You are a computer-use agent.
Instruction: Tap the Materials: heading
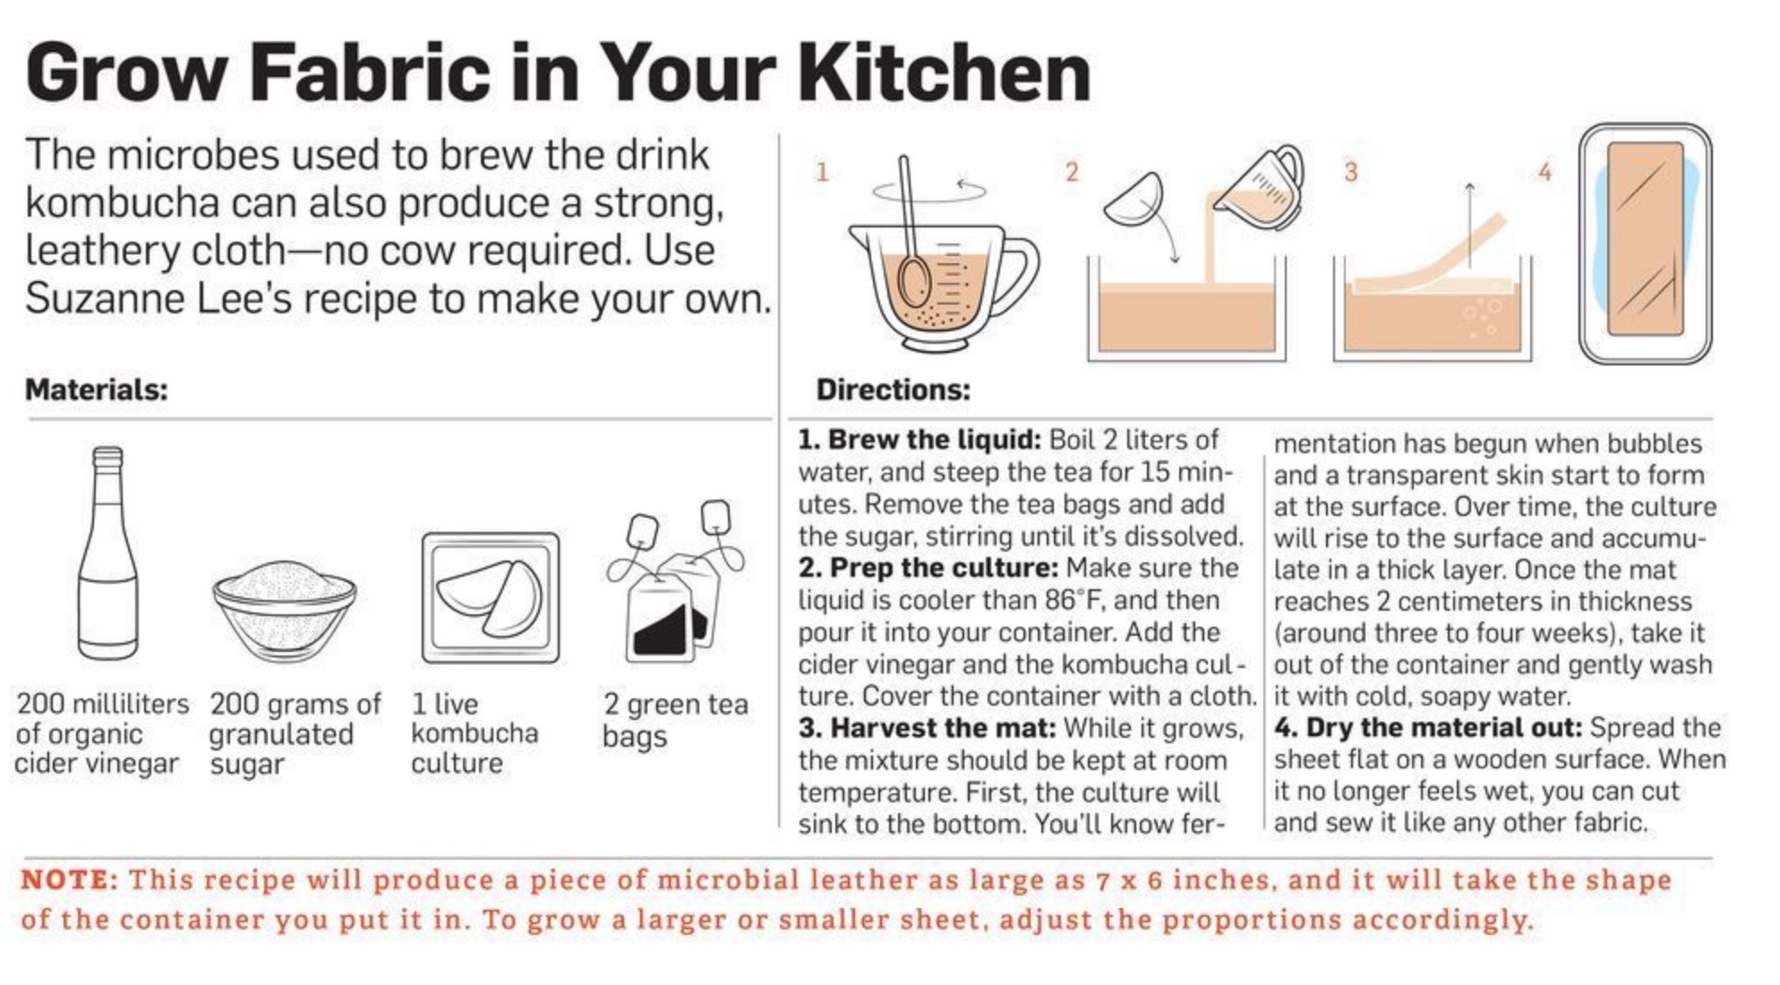point(97,390)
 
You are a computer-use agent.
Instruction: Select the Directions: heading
point(893,390)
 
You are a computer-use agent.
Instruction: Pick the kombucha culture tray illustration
point(491,597)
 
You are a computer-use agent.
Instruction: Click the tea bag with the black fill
point(661,618)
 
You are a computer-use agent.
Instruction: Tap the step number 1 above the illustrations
point(822,171)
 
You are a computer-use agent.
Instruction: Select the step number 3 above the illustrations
point(1351,171)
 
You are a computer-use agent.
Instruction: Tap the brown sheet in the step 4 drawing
point(1646,239)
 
